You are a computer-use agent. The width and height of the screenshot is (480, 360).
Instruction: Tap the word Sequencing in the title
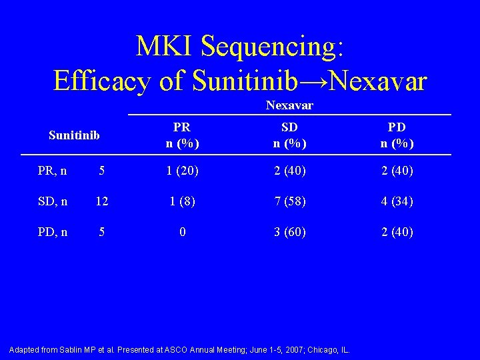click(x=272, y=47)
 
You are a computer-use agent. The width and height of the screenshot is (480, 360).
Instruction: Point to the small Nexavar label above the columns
click(x=289, y=105)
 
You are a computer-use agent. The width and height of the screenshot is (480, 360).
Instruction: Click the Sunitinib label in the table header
click(x=74, y=135)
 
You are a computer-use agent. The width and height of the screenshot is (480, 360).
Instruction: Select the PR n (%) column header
click(x=181, y=135)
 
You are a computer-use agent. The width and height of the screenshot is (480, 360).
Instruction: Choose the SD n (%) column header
click(x=289, y=135)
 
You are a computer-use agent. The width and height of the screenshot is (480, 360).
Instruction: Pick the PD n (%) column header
click(x=397, y=135)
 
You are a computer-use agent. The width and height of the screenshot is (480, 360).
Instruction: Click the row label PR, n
click(x=51, y=171)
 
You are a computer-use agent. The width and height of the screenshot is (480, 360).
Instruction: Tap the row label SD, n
click(x=51, y=201)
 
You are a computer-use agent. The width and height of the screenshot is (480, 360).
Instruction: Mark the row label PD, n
click(x=51, y=232)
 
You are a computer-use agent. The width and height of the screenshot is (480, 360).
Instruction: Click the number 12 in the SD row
click(x=101, y=201)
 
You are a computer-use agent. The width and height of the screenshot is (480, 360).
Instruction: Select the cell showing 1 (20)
click(x=181, y=171)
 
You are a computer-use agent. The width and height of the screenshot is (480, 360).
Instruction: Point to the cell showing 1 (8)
click(x=181, y=201)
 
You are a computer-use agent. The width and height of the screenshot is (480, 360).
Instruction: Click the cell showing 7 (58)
click(x=289, y=201)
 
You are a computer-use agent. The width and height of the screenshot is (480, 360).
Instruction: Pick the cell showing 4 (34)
click(x=397, y=201)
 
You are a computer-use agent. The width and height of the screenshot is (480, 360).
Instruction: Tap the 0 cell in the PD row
click(x=181, y=232)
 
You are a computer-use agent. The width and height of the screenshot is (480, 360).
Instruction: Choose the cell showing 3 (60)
click(x=289, y=232)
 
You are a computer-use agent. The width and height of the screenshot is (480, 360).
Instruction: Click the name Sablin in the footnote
click(x=76, y=350)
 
